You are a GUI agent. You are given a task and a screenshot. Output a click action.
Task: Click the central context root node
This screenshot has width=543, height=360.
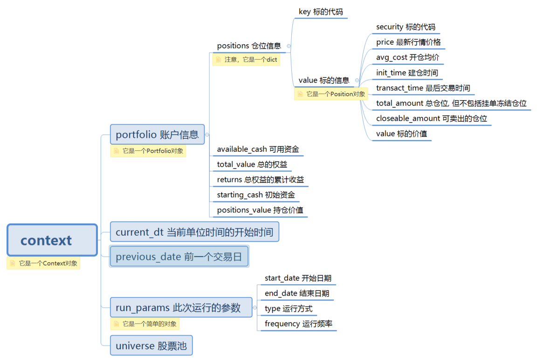click(52, 240)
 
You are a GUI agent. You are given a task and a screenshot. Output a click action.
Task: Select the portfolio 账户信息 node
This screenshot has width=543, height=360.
click(157, 135)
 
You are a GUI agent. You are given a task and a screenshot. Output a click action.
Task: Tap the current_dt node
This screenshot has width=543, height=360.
click(194, 231)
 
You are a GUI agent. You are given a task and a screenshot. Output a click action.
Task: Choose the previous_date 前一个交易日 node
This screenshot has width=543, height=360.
click(179, 257)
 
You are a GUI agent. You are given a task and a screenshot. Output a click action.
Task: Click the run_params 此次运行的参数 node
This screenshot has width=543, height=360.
click(178, 307)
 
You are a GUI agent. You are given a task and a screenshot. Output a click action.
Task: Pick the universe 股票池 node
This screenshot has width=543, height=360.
click(151, 346)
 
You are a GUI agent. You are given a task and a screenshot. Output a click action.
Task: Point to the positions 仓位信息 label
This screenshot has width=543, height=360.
click(249, 46)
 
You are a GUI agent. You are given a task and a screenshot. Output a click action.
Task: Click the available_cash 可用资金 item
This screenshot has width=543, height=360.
click(258, 149)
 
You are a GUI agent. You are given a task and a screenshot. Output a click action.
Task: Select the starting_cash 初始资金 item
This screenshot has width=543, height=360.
click(256, 195)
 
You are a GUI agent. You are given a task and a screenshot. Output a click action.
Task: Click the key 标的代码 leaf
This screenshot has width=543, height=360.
click(320, 12)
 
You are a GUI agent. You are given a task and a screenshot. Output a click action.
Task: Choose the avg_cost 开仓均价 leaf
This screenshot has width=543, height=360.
click(407, 57)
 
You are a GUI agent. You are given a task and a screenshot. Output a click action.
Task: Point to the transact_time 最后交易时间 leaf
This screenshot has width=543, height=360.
click(423, 88)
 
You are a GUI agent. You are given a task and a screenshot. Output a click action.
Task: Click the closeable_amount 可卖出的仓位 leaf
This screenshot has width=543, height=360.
click(431, 118)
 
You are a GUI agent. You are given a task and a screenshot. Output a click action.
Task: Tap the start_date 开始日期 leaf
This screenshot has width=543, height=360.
click(298, 278)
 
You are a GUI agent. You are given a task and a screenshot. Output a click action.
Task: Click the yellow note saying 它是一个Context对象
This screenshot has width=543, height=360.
click(44, 264)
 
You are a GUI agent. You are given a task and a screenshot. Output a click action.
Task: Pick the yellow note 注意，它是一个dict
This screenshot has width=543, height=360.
click(247, 60)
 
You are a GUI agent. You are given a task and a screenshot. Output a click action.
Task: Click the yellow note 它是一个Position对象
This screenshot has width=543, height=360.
click(331, 94)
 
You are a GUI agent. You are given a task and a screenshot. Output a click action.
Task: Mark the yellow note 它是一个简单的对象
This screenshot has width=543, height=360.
click(145, 324)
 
